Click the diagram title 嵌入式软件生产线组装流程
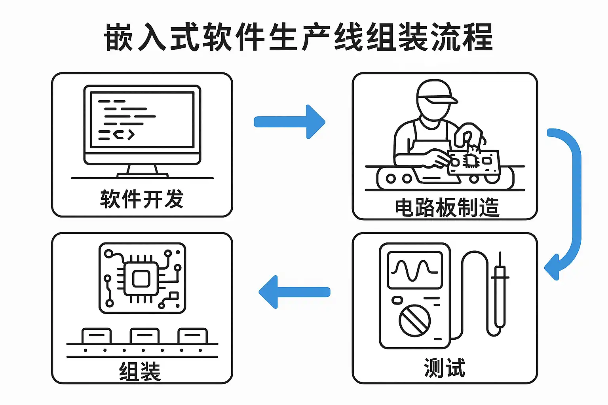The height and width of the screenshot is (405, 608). point(299,37)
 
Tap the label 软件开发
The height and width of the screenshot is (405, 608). point(142,199)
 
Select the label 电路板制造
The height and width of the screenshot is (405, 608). point(447,207)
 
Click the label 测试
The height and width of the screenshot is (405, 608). point(444,368)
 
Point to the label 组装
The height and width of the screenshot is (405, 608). point(140,371)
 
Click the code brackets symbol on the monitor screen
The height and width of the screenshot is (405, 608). point(124,135)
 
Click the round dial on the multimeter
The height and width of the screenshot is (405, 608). point(414,320)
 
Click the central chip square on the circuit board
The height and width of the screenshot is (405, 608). point(141,280)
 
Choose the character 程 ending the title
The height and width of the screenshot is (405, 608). point(479,38)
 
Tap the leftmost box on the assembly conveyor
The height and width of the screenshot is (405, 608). point(97,336)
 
